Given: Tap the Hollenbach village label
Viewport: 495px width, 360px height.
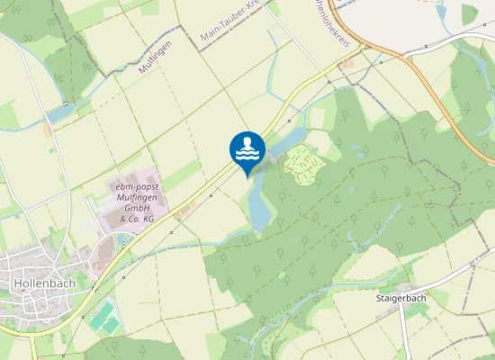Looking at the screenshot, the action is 43,283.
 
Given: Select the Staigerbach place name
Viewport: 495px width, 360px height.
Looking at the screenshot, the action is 400,296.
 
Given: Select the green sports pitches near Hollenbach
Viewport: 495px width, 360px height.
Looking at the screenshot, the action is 104,316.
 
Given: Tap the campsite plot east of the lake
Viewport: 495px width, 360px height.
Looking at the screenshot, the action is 303,165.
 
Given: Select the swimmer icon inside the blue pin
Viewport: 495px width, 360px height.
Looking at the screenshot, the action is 247,147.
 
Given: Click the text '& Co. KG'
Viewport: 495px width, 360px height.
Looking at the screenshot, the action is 137,218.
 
